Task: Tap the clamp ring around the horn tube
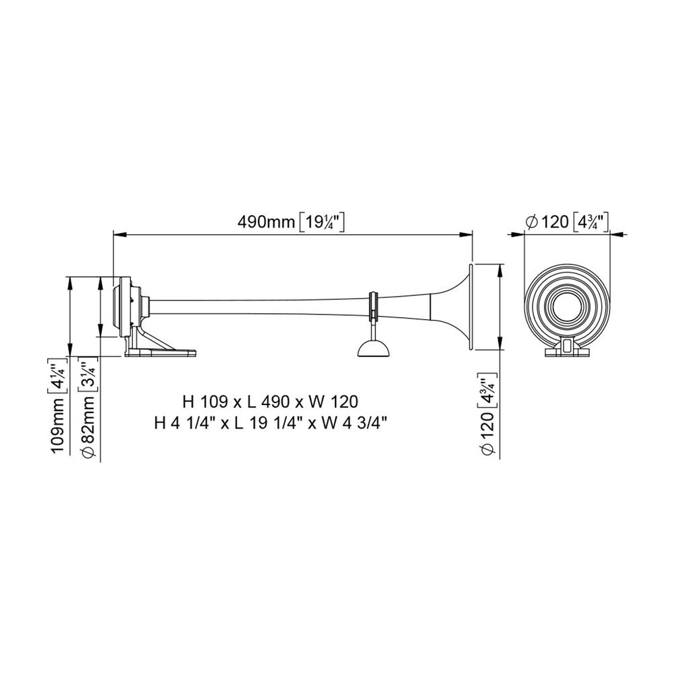(373, 306)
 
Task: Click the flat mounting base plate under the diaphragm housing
(161, 353)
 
